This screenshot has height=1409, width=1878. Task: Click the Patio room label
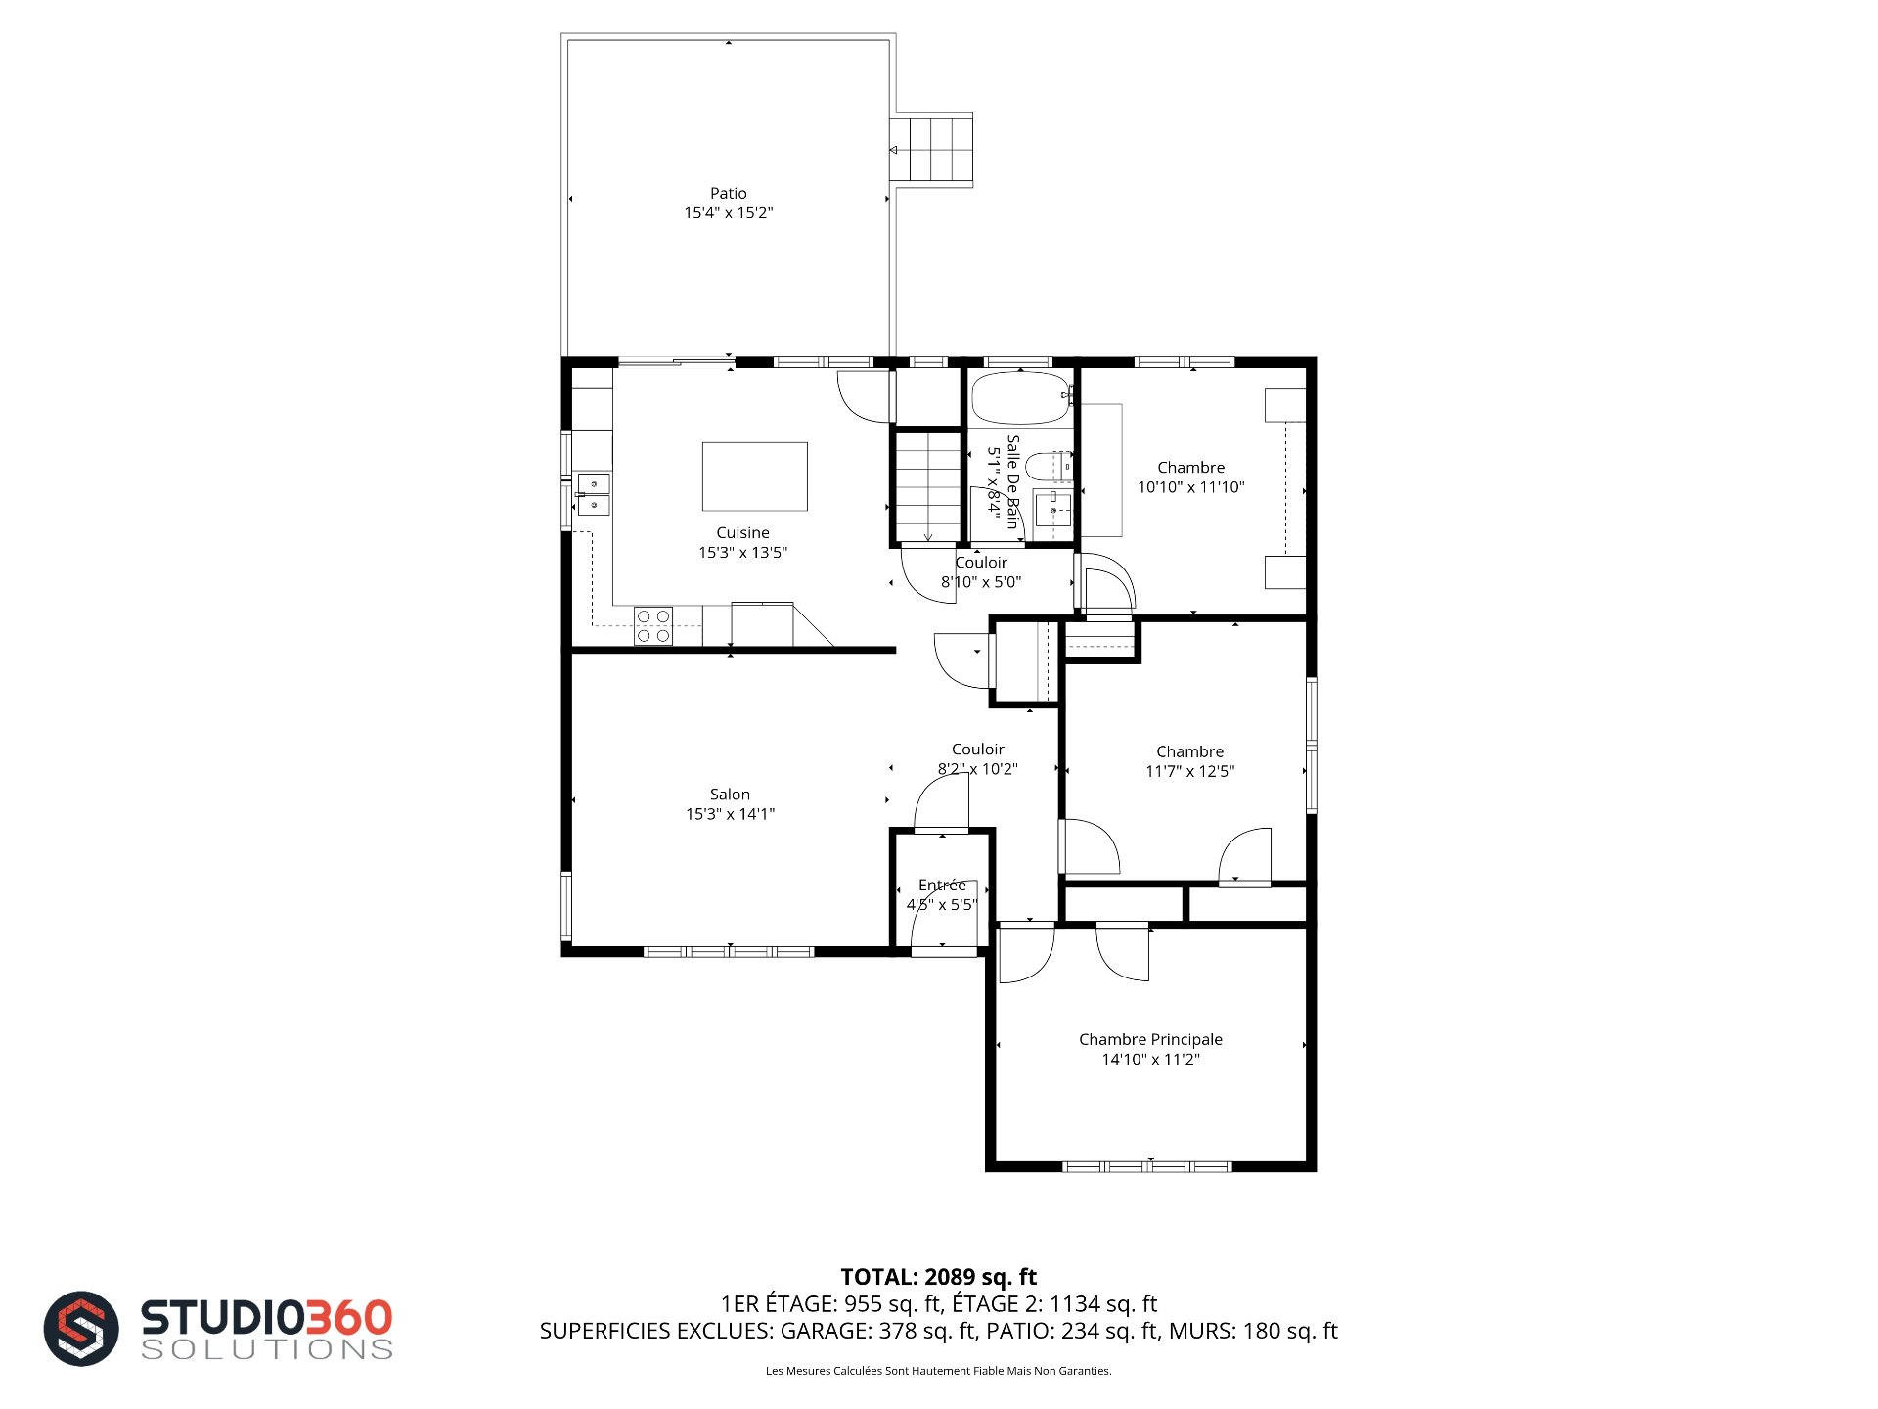tap(728, 194)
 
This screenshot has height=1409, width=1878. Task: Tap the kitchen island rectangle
tap(755, 477)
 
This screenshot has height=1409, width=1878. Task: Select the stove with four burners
tap(653, 626)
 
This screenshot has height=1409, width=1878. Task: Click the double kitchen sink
tap(593, 494)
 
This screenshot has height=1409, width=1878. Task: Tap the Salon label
tap(730, 795)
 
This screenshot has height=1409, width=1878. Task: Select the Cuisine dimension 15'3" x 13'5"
tap(742, 553)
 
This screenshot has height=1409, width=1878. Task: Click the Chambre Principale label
tap(1150, 1039)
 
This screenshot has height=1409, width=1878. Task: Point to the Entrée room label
tap(942, 885)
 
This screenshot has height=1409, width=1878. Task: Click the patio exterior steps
tap(931, 150)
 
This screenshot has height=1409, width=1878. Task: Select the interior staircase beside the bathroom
tap(927, 486)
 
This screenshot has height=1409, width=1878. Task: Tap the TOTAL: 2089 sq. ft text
tap(939, 1277)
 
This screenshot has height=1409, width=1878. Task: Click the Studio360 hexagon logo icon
tap(81, 1328)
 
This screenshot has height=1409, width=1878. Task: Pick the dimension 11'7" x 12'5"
tap(1189, 771)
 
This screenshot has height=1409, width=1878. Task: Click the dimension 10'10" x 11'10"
tap(1190, 487)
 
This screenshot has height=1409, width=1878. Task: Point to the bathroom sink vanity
tap(1053, 511)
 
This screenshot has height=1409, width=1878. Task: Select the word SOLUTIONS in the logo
tap(267, 1349)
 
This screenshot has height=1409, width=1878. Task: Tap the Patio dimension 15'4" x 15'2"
tap(728, 213)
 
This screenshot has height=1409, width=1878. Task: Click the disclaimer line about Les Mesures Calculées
tap(938, 1371)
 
